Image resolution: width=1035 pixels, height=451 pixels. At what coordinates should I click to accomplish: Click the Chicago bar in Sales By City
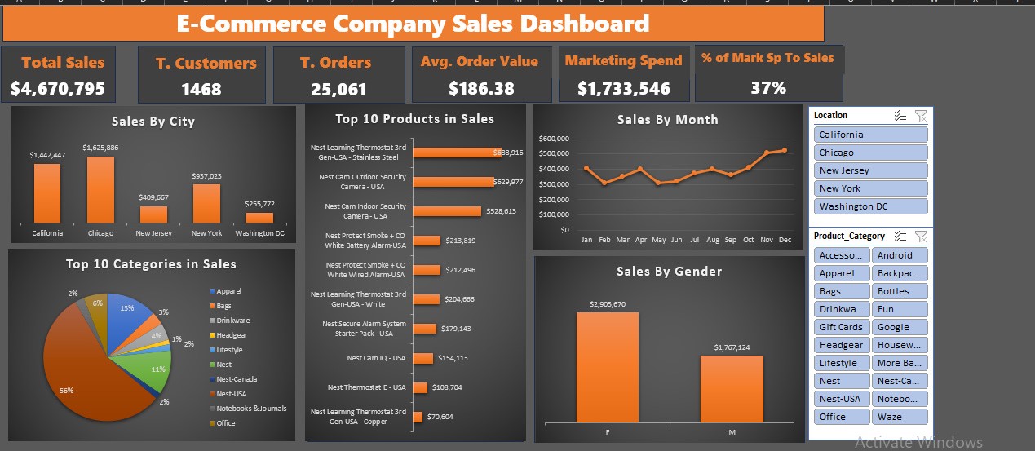coord(100,189)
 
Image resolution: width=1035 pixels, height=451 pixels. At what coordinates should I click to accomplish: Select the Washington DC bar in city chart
coord(259,218)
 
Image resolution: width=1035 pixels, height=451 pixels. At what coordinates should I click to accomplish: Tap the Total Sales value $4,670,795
coord(58,89)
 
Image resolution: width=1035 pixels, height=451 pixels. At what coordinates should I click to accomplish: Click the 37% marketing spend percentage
coord(767,87)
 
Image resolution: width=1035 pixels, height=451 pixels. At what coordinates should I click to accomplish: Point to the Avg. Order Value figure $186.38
coord(481,88)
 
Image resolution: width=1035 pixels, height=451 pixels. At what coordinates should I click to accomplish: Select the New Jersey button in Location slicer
coord(870,170)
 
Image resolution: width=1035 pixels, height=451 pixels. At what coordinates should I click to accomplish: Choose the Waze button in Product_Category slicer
coord(900,417)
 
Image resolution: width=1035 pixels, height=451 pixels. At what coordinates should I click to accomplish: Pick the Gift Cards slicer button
coord(841,327)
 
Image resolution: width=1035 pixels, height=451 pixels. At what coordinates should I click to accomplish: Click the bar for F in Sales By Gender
coord(608,367)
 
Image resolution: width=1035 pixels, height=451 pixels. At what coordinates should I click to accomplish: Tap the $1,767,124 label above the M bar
coord(732,347)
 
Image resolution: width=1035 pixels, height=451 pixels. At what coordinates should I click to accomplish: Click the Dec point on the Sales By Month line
coord(785,150)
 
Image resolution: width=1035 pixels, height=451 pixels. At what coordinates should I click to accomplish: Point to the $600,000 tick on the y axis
coord(554,139)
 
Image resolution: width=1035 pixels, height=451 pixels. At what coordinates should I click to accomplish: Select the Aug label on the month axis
coord(712,241)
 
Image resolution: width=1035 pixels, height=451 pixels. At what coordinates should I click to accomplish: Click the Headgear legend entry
coord(232,335)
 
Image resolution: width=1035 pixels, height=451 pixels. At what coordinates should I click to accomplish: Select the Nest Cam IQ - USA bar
coord(422,358)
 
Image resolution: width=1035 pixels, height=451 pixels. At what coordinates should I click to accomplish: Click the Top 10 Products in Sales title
coord(414,119)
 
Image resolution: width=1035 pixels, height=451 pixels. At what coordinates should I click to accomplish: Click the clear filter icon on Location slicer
coord(920,116)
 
